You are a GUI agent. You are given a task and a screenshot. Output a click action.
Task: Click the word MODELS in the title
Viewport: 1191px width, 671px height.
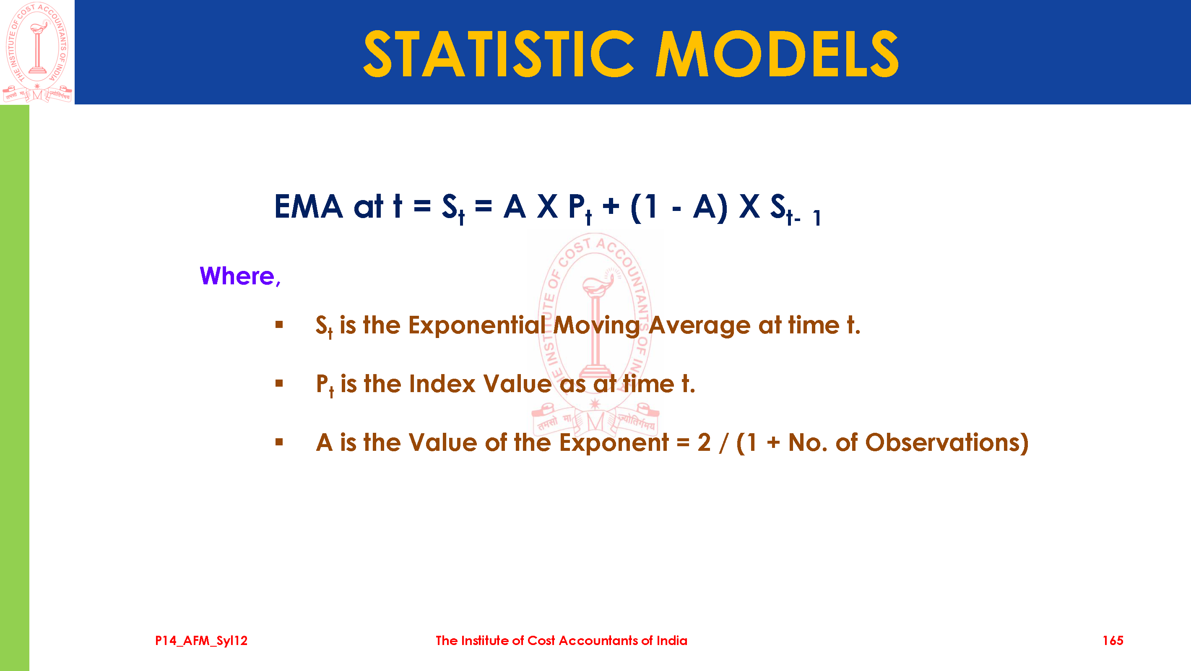pos(778,54)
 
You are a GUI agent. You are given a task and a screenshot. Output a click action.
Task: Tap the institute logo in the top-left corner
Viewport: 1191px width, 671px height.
pos(37,52)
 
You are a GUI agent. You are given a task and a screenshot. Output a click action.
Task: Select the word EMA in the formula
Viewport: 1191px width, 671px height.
pos(308,206)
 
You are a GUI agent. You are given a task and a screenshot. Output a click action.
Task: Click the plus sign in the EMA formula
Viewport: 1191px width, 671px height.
pos(611,206)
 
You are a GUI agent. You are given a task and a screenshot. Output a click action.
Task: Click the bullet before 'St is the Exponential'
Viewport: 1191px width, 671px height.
pos(279,325)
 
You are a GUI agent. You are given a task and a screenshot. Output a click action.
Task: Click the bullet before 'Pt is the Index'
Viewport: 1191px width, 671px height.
pos(279,383)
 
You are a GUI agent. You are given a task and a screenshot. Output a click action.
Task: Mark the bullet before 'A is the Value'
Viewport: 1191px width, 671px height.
pos(279,442)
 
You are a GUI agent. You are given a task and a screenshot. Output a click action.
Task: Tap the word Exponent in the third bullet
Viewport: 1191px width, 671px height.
pos(614,442)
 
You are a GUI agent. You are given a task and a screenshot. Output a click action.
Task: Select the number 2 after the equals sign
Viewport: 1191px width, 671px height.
pos(704,442)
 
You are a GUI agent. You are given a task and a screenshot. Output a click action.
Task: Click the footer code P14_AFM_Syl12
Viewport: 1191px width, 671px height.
pos(201,640)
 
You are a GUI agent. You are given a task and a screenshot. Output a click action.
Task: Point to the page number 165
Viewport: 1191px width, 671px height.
pos(1113,640)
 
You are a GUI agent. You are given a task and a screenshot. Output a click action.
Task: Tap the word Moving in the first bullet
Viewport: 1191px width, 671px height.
pos(596,325)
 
